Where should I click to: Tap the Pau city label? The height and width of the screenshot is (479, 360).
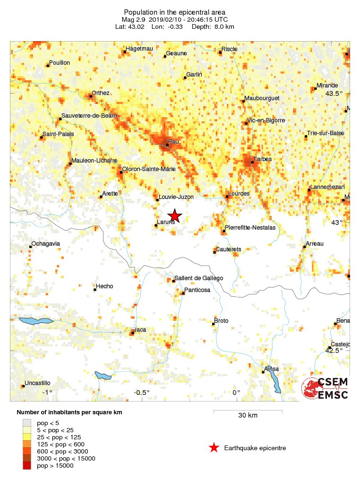(173, 141)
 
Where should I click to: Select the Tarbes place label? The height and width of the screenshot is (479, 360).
(262, 159)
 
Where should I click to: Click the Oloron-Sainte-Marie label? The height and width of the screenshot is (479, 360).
(149, 169)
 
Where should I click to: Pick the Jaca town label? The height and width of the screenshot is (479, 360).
(140, 329)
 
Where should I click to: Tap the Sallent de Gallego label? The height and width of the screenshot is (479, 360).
(198, 278)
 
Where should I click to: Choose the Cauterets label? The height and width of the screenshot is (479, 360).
(228, 249)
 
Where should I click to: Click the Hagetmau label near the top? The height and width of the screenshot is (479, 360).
(138, 49)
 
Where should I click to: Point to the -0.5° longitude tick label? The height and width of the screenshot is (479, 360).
(141, 393)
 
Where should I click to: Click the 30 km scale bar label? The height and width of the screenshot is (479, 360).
(248, 416)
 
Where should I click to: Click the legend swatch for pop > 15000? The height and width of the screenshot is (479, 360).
(27, 466)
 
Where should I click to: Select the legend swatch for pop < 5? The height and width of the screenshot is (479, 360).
(27, 423)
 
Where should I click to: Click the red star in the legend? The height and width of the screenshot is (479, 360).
(214, 448)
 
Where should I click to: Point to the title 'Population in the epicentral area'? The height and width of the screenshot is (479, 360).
(174, 12)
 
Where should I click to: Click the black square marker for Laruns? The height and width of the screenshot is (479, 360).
(156, 225)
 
